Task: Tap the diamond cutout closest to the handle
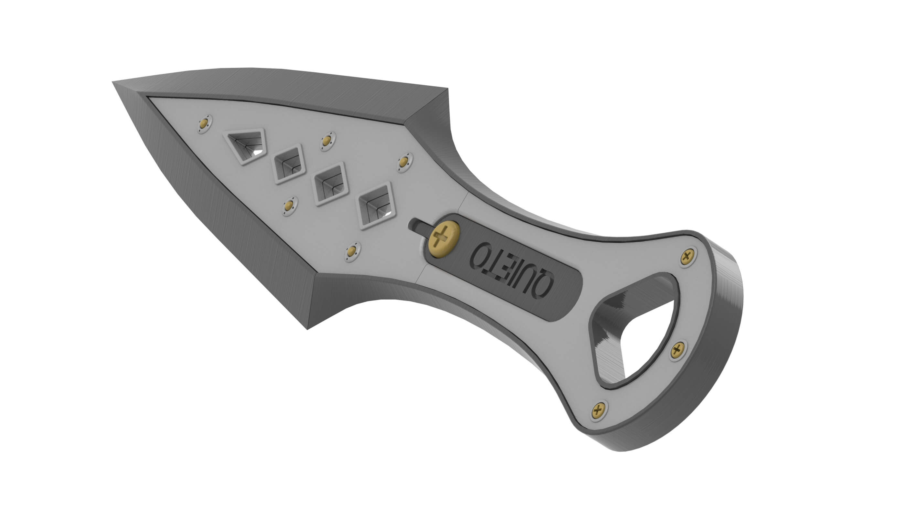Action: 375,206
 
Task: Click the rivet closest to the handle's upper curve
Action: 405,163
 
